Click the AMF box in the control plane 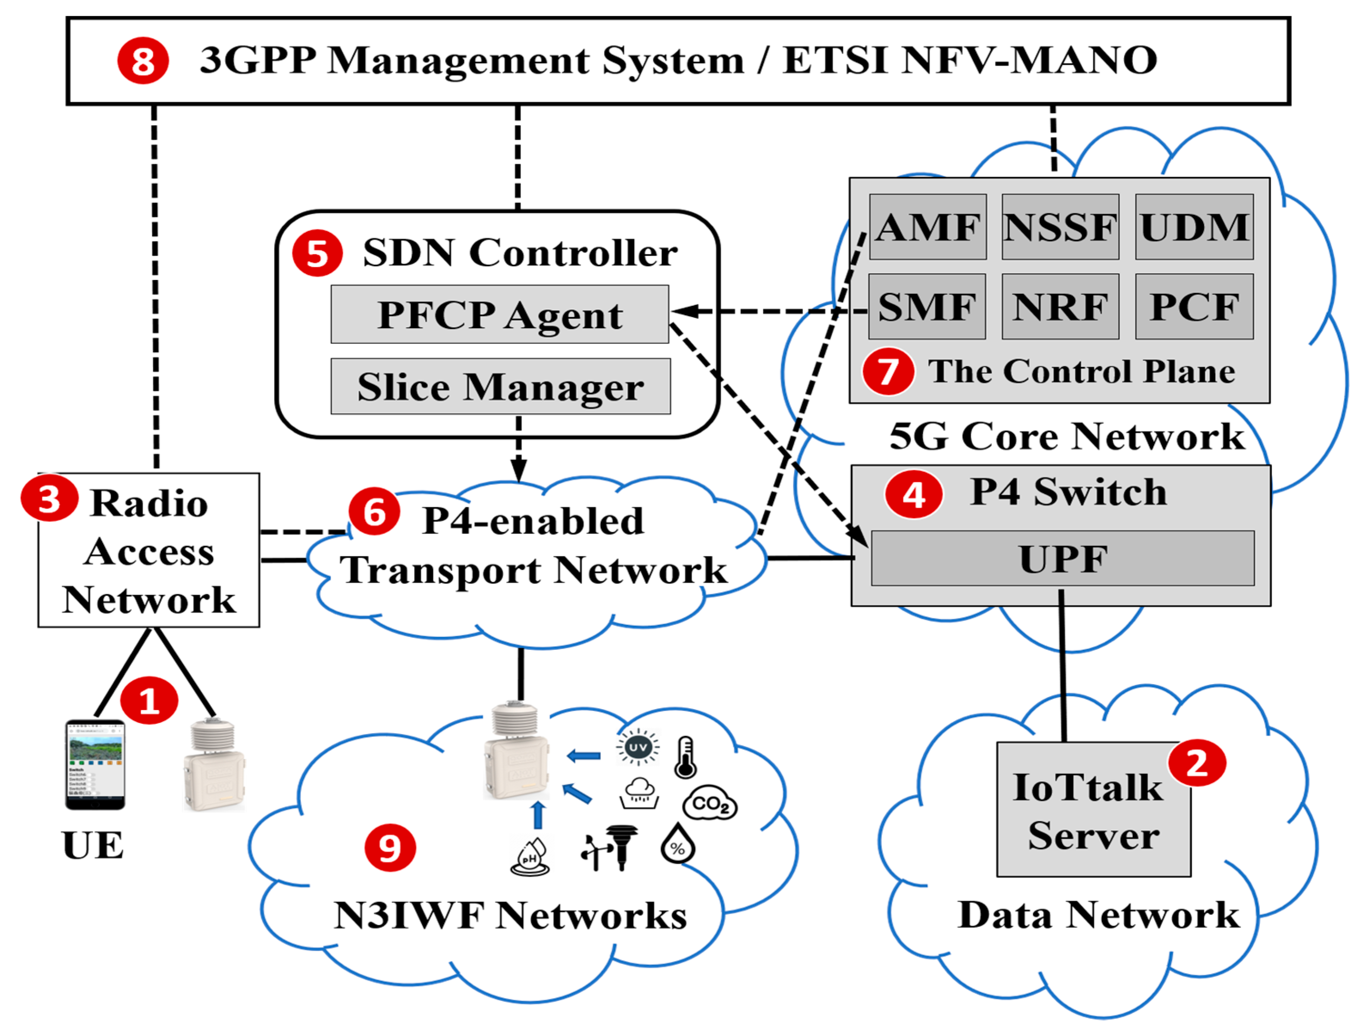click(927, 227)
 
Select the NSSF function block click(1060, 227)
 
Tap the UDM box click(1194, 227)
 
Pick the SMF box click(927, 307)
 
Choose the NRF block click(1060, 307)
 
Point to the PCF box click(1194, 307)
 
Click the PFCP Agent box click(499, 314)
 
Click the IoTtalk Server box click(1093, 810)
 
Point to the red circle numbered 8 click(143, 61)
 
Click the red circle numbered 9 click(390, 848)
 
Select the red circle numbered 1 click(149, 701)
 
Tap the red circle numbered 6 click(374, 512)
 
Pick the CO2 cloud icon click(709, 803)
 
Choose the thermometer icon click(685, 757)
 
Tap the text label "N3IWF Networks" click(510, 916)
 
